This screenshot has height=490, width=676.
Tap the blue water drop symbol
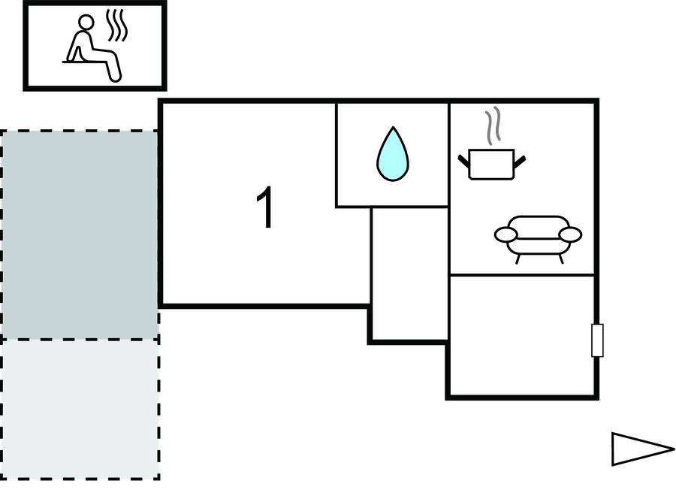(x=391, y=154)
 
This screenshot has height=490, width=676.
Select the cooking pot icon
(x=491, y=164)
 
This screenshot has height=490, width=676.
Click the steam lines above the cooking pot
(x=492, y=128)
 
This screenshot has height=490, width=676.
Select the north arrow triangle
(x=641, y=449)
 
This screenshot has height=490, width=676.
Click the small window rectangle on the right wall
(x=597, y=340)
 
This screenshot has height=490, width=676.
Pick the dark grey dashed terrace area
(x=79, y=234)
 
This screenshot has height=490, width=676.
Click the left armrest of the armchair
(x=505, y=234)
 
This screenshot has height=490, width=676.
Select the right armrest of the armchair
(x=571, y=234)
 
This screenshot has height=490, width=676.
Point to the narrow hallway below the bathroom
(x=409, y=274)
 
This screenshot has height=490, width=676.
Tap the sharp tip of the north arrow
(x=672, y=449)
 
